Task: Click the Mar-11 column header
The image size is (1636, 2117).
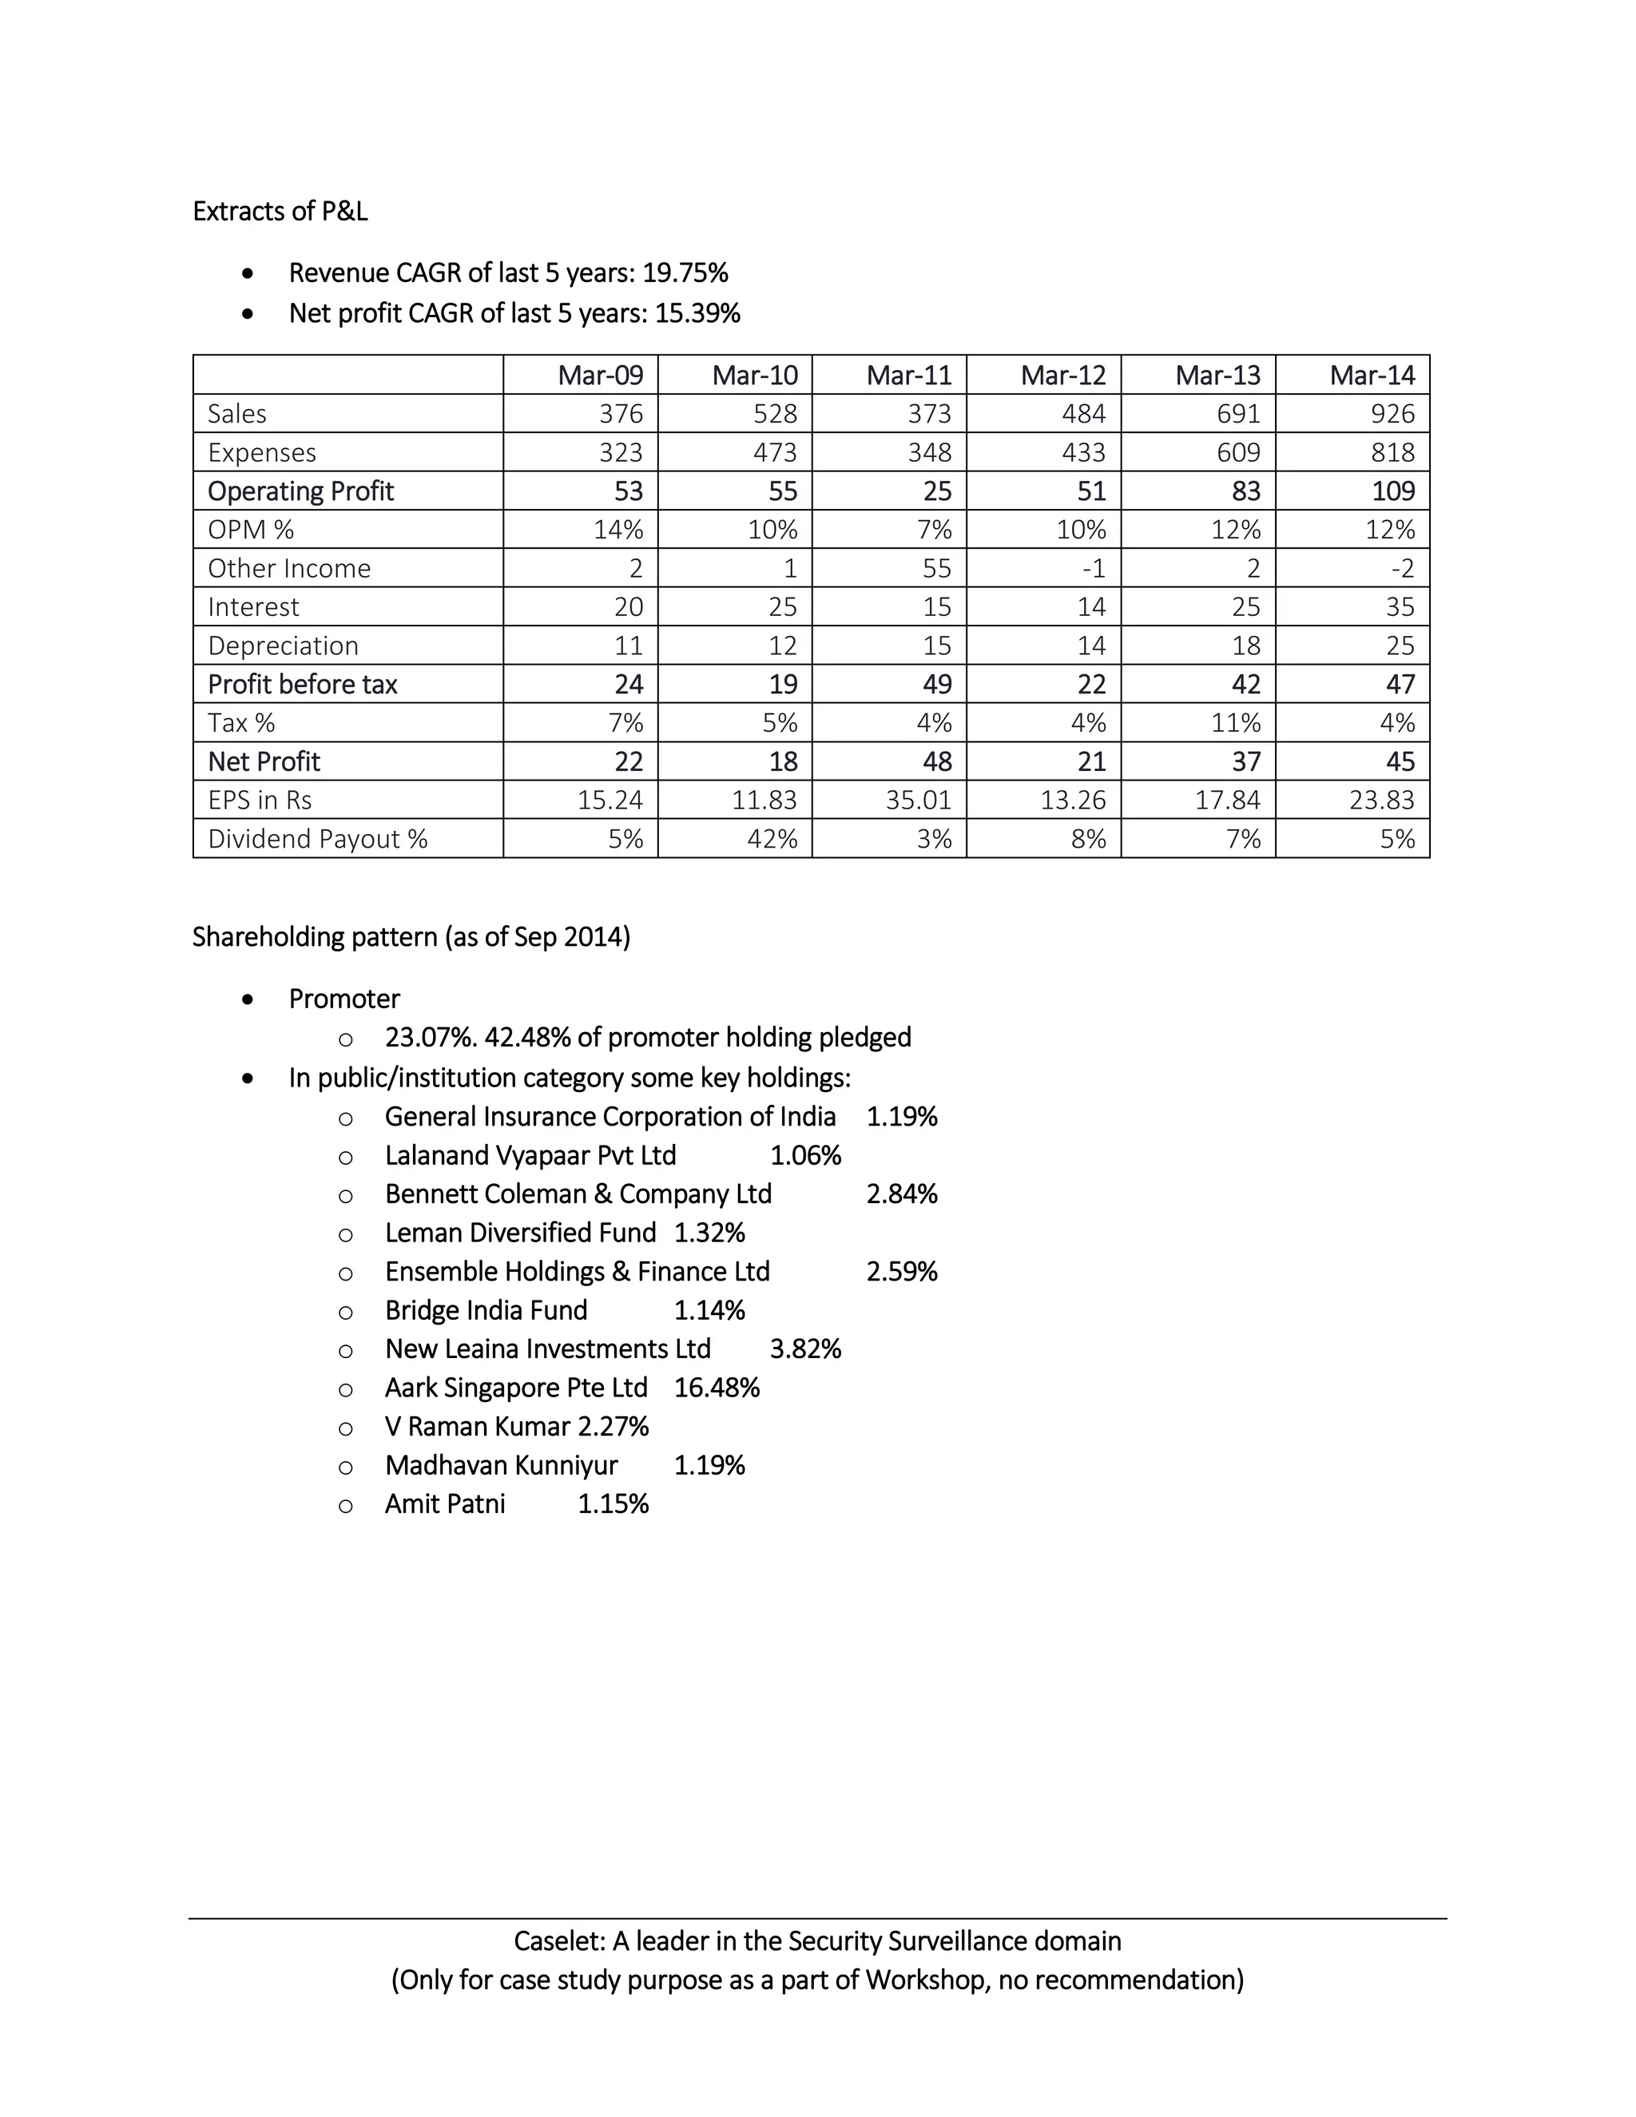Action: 908,375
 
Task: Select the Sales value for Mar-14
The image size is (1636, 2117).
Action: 1392,414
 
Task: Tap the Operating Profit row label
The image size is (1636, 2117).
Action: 300,491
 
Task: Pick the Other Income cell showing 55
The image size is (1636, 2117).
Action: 935,568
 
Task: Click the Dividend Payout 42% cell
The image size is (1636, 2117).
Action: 772,840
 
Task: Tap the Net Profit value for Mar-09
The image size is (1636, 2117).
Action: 628,762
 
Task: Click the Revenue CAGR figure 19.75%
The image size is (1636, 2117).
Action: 685,273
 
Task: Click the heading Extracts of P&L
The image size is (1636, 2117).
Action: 280,212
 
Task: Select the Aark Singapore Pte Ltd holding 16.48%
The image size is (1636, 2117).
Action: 717,1388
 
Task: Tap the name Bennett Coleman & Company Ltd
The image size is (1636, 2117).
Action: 578,1194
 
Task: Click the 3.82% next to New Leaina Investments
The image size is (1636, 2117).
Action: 804,1349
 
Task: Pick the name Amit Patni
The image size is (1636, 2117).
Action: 445,1504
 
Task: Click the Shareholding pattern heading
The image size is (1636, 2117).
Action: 411,937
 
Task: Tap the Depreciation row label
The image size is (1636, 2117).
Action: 282,645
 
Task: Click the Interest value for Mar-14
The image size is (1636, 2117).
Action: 1400,607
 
